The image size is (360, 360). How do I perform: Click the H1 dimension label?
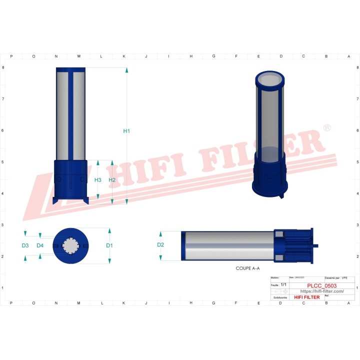[x=126, y=131]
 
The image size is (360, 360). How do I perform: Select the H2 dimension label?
[x=112, y=180]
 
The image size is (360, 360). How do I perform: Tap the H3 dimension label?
[x=98, y=180]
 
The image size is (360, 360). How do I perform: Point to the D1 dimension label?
[x=109, y=245]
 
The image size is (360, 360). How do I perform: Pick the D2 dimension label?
[x=160, y=245]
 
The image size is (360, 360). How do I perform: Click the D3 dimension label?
[x=25, y=245]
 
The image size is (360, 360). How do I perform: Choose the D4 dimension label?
[x=40, y=245]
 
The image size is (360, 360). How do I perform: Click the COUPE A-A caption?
[x=247, y=268]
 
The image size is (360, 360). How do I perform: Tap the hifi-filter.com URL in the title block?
[x=321, y=291]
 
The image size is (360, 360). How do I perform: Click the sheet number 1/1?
[x=284, y=283]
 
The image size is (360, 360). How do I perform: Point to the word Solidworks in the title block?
[x=280, y=297]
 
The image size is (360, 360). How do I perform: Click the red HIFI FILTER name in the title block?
[x=306, y=297]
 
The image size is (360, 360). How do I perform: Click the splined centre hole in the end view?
[x=71, y=245]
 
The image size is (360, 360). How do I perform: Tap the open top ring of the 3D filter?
[x=269, y=78]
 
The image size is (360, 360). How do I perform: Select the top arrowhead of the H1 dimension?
[x=126, y=70]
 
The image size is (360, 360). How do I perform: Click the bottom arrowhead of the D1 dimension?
[x=109, y=260]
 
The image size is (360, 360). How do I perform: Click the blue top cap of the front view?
[x=70, y=69]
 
